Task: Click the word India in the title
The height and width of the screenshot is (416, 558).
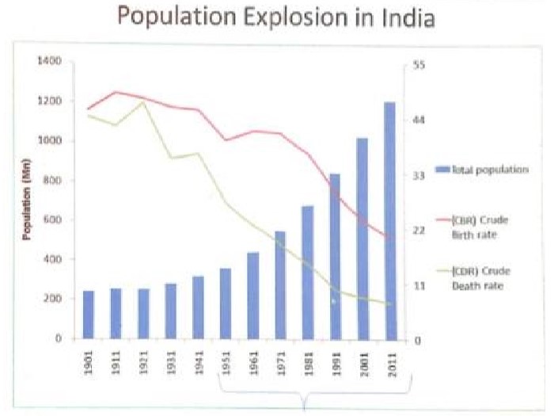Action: coord(407,17)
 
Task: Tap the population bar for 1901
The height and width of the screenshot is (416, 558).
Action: coord(89,315)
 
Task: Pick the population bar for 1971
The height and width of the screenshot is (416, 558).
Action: coord(279,285)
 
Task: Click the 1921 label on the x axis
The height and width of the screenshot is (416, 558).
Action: coord(143,365)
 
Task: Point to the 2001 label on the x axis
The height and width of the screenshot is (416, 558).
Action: coord(363,365)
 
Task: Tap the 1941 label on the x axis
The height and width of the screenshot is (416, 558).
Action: coord(198,365)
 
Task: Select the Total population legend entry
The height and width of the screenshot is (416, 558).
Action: coord(483,170)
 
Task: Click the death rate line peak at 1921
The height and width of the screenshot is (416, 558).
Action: coord(143,101)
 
